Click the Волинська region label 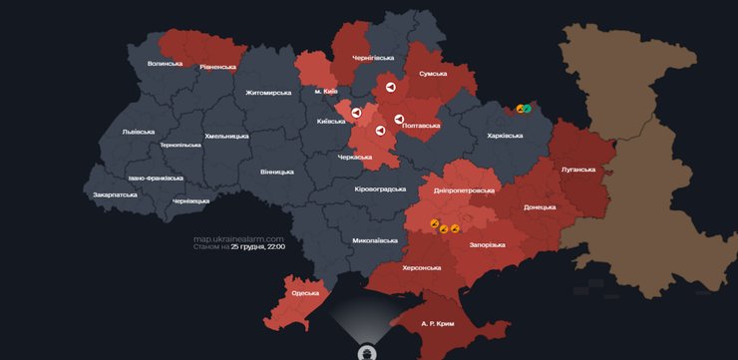[165, 63]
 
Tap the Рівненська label [217, 68]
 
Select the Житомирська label [268, 93]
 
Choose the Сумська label [433, 74]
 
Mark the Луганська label [579, 170]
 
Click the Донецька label [540, 208]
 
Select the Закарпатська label [115, 195]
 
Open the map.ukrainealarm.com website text [239, 238]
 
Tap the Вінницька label [276, 172]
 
